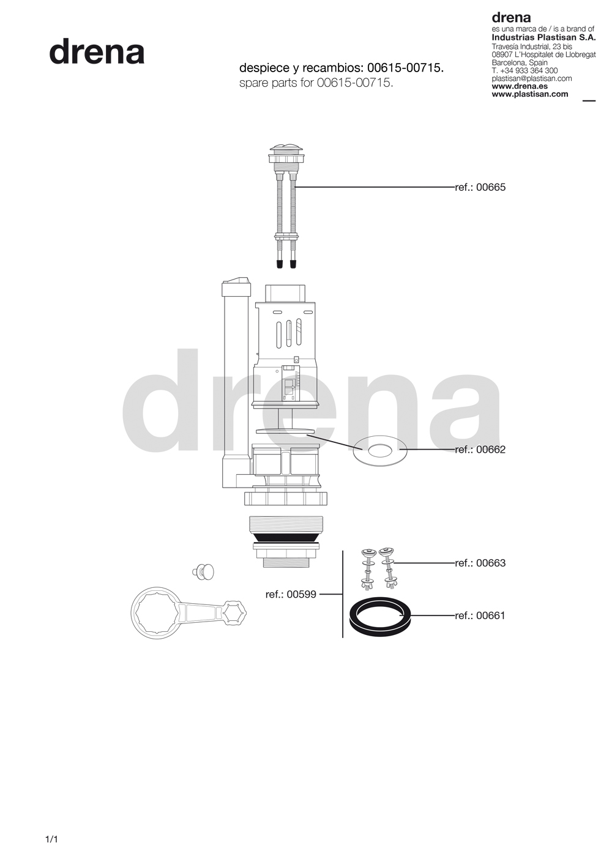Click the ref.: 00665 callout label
(480, 187)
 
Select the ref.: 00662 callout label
(480, 450)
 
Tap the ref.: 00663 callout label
(480, 563)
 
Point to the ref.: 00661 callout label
(480, 615)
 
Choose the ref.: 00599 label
(291, 594)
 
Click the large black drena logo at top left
(97, 51)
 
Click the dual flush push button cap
(286, 151)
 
